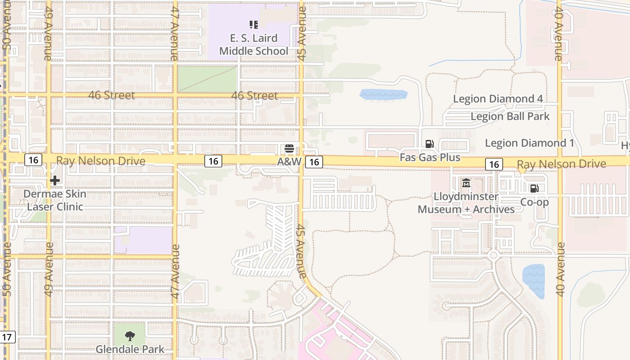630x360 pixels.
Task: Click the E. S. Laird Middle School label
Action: tap(253, 45)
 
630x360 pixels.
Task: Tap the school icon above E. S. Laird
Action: tap(253, 25)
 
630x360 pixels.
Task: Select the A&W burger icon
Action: tap(289, 148)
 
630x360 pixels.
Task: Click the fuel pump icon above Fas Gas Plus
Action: tap(430, 144)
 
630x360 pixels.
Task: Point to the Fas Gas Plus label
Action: tap(430, 157)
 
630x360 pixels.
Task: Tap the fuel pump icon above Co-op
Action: tap(534, 189)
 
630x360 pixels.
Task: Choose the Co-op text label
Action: tap(534, 202)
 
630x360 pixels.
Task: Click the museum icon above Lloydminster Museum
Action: tap(466, 183)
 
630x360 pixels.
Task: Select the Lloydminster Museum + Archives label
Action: tap(466, 203)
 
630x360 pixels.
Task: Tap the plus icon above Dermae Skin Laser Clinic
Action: tap(55, 181)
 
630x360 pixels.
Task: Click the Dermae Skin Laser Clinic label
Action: tap(55, 200)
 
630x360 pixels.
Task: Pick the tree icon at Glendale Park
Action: tap(130, 336)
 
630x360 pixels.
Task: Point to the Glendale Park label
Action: tap(130, 349)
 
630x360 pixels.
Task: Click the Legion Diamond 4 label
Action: tap(497, 99)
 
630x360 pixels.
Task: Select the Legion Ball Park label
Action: tap(510, 117)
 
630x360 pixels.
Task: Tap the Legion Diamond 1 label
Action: tap(529, 143)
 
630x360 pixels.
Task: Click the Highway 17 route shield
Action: tap(8, 337)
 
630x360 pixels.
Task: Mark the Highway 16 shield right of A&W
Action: tap(314, 162)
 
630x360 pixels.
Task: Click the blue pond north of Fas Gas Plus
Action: tap(383, 94)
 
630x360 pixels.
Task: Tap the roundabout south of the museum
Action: tap(493, 256)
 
